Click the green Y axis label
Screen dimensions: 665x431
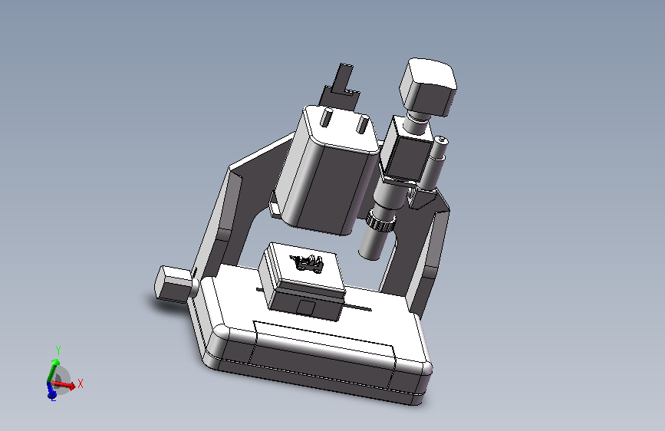point(58,350)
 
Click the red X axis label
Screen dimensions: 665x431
point(81,383)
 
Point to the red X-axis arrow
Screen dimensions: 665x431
point(64,385)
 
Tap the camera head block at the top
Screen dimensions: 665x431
point(427,87)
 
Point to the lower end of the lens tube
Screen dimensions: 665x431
point(370,254)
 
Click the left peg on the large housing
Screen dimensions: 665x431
point(327,117)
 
